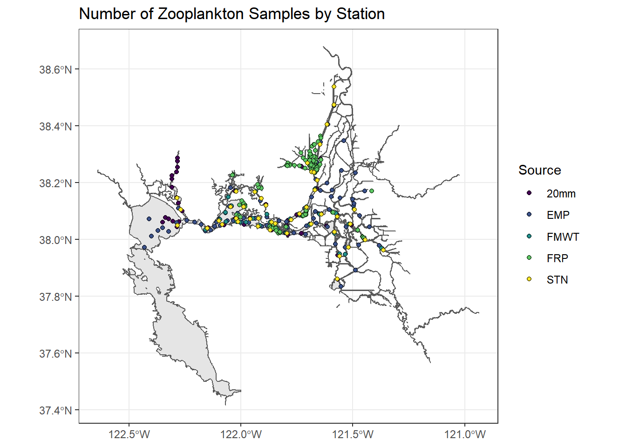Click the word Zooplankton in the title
(201, 14)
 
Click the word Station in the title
(361, 14)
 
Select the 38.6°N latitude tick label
(55, 70)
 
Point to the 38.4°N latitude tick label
(55, 127)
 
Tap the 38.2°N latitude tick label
(55, 183)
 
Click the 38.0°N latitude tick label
(55, 240)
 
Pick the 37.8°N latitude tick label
(55, 297)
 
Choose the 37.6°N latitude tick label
(55, 354)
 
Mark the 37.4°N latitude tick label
(55, 411)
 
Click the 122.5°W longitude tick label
(129, 435)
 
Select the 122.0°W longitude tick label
(241, 435)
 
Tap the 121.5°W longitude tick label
(353, 435)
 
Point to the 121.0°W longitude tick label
(465, 435)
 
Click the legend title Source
(539, 170)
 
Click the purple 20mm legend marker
(529, 193)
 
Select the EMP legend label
(558, 215)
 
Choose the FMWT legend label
(563, 237)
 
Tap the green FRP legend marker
(529, 258)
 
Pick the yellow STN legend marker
(529, 279)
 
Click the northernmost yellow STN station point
(334, 87)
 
